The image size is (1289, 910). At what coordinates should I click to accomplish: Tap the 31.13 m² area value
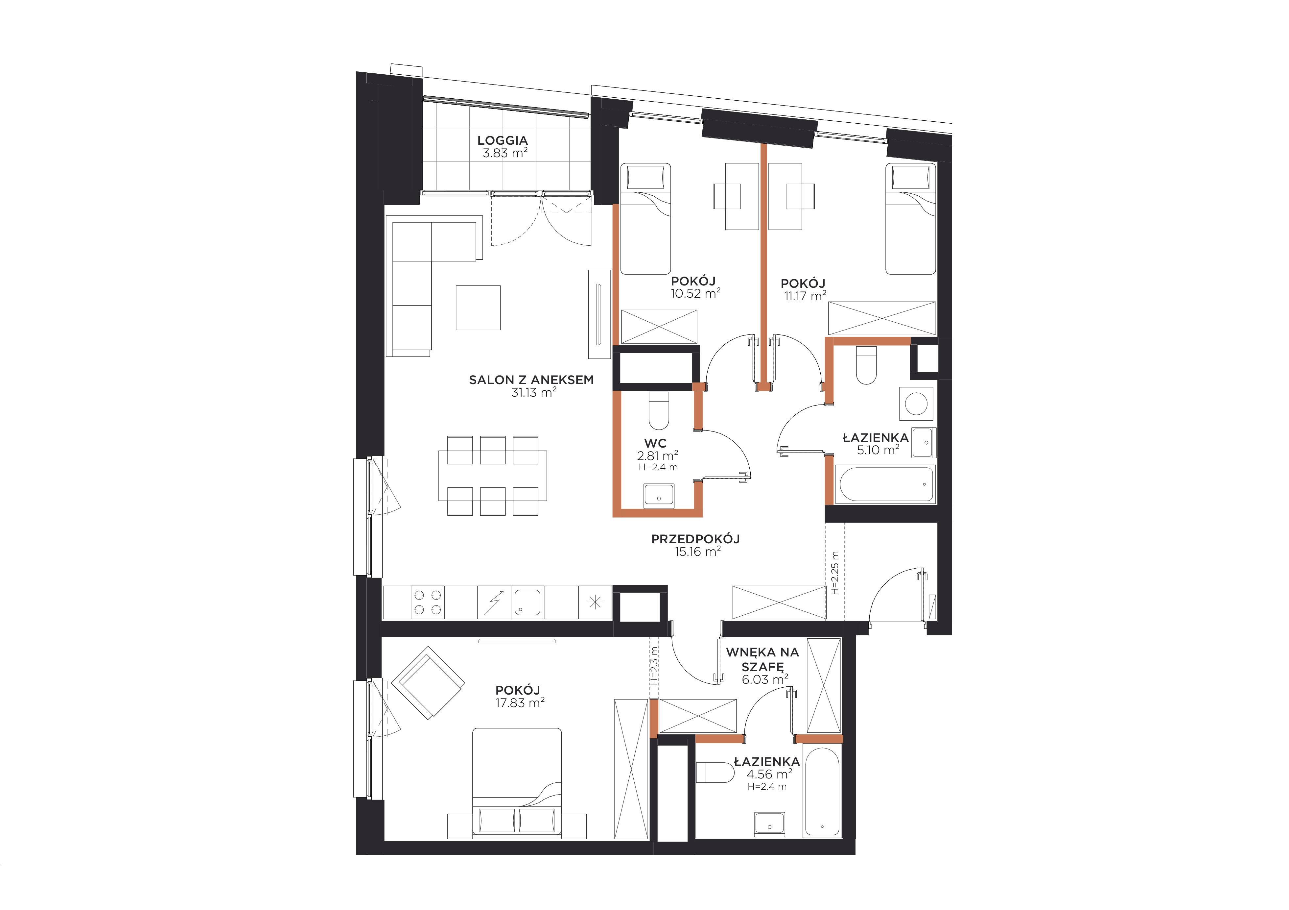[533, 392]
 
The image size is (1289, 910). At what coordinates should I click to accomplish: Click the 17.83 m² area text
[520, 703]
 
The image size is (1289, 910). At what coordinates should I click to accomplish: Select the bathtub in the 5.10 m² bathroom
[885, 484]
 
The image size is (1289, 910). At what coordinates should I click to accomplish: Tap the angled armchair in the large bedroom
[428, 682]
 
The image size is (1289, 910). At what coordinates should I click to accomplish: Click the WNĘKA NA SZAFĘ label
[762, 659]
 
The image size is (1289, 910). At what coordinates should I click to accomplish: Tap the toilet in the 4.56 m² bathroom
[715, 773]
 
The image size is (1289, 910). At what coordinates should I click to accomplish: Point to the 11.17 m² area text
[806, 295]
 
